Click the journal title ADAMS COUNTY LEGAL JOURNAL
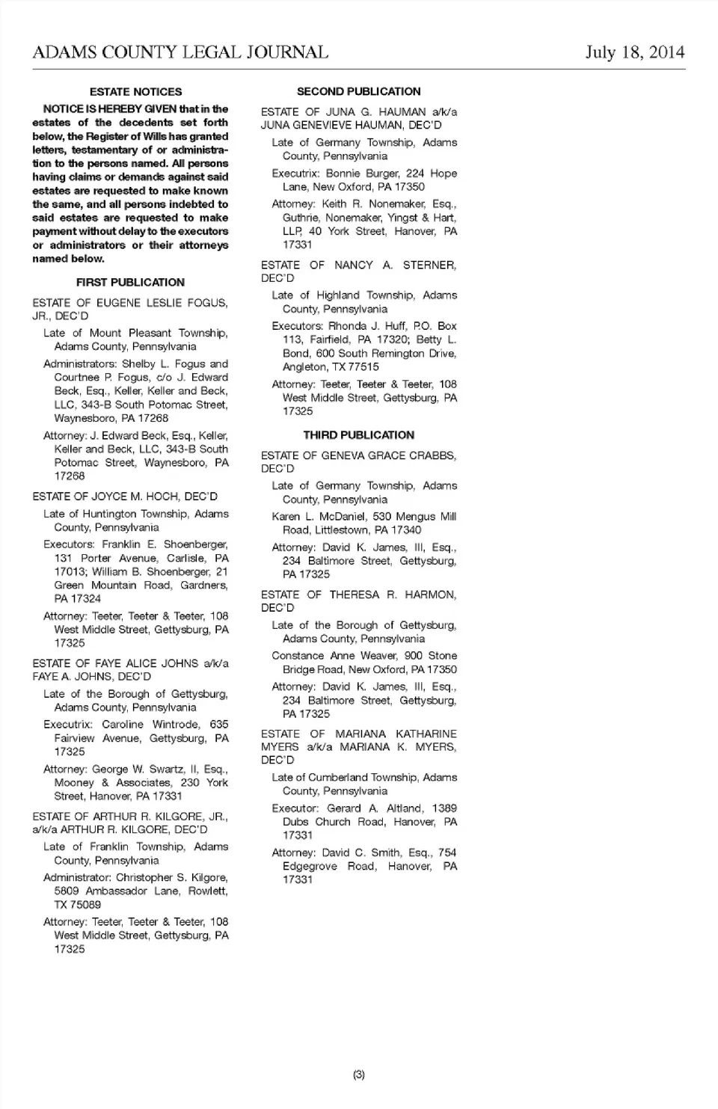click(x=180, y=52)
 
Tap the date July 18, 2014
click(x=634, y=52)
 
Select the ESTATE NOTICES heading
click(x=135, y=92)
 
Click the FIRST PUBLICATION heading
click(x=130, y=282)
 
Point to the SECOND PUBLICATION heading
click(x=358, y=91)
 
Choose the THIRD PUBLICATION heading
click(x=358, y=434)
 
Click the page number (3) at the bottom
click(x=359, y=1075)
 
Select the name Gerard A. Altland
click(x=375, y=808)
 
